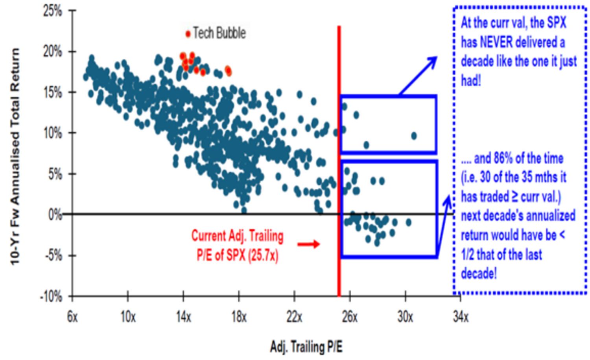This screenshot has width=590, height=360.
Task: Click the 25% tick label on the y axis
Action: pyautogui.click(x=53, y=11)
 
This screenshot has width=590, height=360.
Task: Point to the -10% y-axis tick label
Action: pyautogui.click(x=52, y=296)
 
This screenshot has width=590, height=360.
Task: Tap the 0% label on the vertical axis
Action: pyautogui.click(x=55, y=215)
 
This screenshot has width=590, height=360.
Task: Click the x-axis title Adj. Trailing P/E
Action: pyautogui.click(x=306, y=347)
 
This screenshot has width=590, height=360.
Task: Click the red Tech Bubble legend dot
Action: pyautogui.click(x=188, y=34)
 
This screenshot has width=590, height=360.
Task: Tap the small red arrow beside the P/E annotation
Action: pyautogui.click(x=309, y=244)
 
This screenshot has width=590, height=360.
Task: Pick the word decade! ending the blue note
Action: pyautogui.click(x=479, y=273)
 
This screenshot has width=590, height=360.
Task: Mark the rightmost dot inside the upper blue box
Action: pyautogui.click(x=414, y=136)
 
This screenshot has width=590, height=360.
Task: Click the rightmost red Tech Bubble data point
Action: pyautogui.click(x=228, y=71)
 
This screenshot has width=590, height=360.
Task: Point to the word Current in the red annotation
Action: pyautogui.click(x=208, y=236)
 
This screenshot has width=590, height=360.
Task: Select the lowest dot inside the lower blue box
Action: pyautogui.click(x=377, y=243)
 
